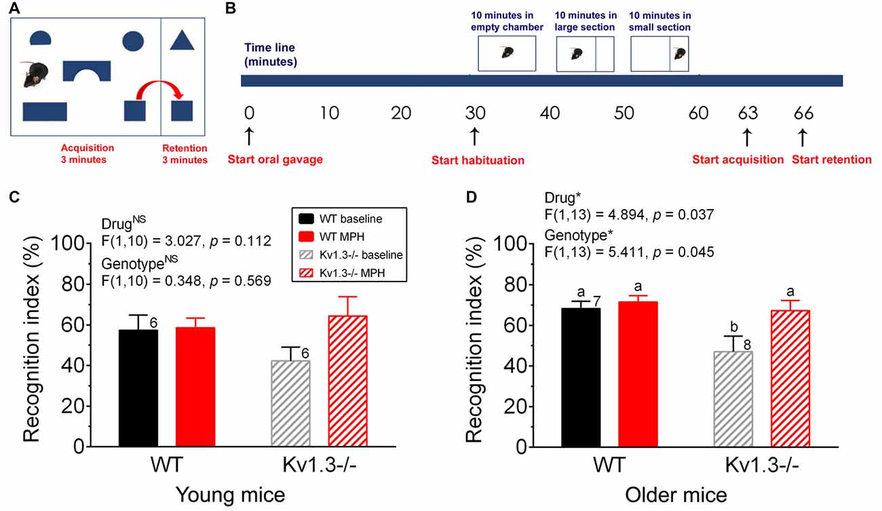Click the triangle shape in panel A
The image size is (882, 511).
click(182, 40)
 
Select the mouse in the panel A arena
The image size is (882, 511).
click(35, 74)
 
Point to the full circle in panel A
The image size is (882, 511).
click(133, 41)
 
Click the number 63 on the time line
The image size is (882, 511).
click(748, 113)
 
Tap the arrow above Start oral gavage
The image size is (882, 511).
click(249, 136)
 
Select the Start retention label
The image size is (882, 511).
click(832, 159)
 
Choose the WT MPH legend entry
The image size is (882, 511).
click(332, 237)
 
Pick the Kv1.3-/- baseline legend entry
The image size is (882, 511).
click(351, 255)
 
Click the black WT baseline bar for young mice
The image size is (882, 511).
click(138, 388)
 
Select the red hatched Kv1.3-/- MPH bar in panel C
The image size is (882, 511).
click(347, 381)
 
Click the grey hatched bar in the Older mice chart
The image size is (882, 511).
click(733, 399)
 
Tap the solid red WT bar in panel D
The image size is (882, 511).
click(638, 375)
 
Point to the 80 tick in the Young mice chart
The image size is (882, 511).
click(74, 284)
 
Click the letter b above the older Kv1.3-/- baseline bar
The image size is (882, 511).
click(733, 326)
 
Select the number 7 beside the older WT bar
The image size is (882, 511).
click(597, 301)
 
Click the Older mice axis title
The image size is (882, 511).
click(676, 495)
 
